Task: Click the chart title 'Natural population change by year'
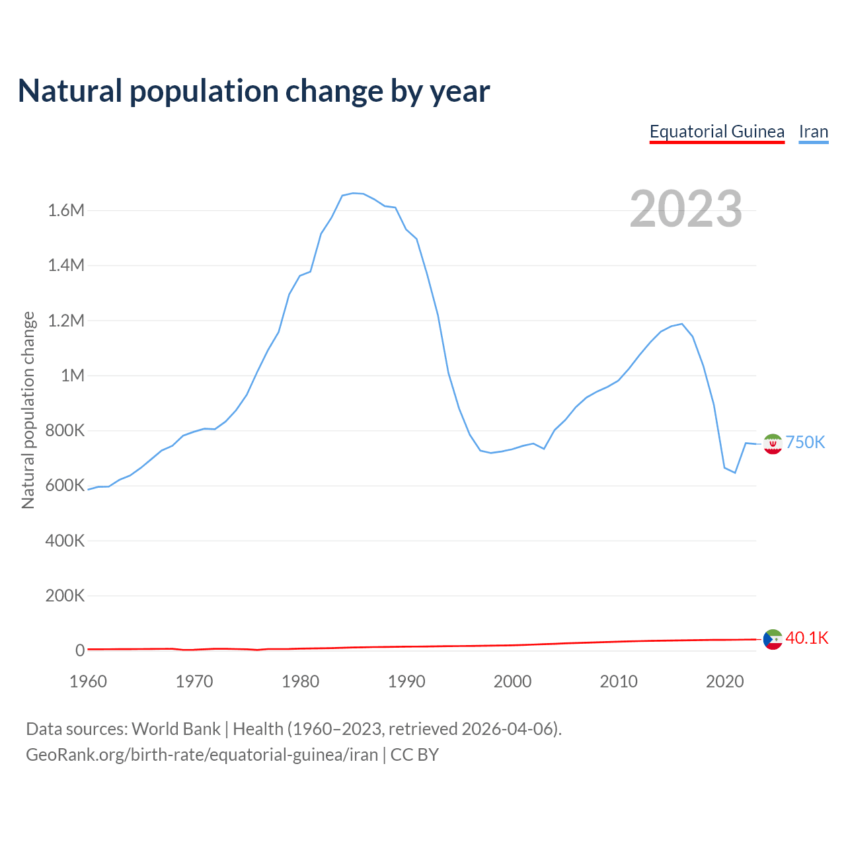[254, 91]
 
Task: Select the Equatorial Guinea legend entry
[716, 132]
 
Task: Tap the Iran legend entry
[813, 132]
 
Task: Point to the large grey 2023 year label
[685, 209]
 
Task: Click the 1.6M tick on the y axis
[66, 210]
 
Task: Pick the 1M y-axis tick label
[73, 375]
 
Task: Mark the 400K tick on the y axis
[65, 541]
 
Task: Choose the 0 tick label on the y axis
[80, 650]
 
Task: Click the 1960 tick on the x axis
[88, 681]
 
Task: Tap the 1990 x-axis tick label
[406, 681]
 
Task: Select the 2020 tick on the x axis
[724, 681]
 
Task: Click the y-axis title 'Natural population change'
[28, 410]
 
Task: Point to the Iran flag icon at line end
[773, 444]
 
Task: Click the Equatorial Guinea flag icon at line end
[773, 639]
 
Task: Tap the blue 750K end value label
[805, 442]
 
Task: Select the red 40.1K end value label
[806, 638]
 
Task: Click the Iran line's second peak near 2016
[681, 324]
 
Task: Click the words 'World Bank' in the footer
[176, 728]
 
